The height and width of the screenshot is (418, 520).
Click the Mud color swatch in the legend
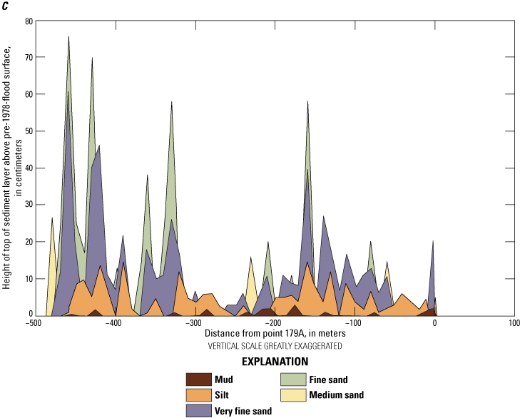199,379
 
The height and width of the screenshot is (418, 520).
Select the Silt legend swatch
199,394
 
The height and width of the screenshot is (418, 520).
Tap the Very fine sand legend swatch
199,410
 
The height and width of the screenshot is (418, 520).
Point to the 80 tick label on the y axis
29,21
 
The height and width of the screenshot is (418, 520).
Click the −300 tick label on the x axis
193,322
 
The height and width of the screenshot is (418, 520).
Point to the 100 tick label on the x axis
514,322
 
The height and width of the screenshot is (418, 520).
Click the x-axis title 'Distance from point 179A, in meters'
275,333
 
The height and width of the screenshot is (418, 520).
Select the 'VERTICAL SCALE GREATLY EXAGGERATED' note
275,345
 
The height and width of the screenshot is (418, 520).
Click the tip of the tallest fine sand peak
68,36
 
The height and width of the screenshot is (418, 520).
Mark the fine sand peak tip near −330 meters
172,102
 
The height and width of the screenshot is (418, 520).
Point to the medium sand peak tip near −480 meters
52,218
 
